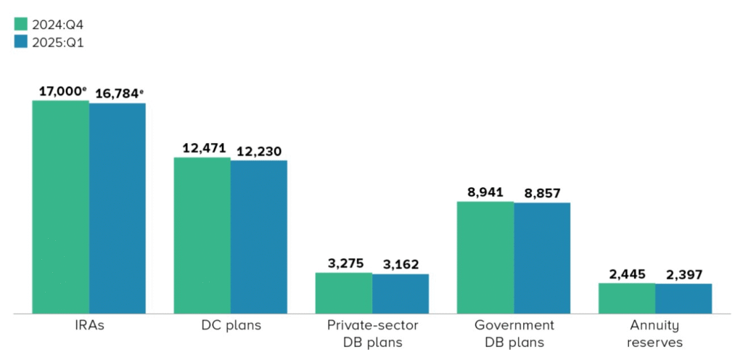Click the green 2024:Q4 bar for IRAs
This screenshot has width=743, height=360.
click(60, 207)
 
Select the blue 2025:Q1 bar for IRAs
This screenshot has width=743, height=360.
click(118, 208)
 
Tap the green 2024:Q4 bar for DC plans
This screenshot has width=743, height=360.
click(202, 235)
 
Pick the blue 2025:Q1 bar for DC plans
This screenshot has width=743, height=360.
click(259, 237)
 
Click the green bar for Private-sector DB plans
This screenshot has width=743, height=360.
click(343, 293)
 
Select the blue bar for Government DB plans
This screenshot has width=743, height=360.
click(542, 258)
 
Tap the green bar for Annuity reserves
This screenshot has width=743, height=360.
click(627, 298)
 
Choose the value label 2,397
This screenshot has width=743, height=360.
click(684, 274)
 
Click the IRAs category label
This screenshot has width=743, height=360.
click(89, 325)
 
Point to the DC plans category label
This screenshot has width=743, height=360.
click(231, 325)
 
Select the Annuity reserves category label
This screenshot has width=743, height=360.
click(656, 333)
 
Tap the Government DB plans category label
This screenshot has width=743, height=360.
click(514, 333)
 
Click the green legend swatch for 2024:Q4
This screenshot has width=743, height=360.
click(20, 24)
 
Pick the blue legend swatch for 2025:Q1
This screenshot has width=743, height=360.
click(20, 42)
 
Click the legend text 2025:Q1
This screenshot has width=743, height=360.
click(58, 42)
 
